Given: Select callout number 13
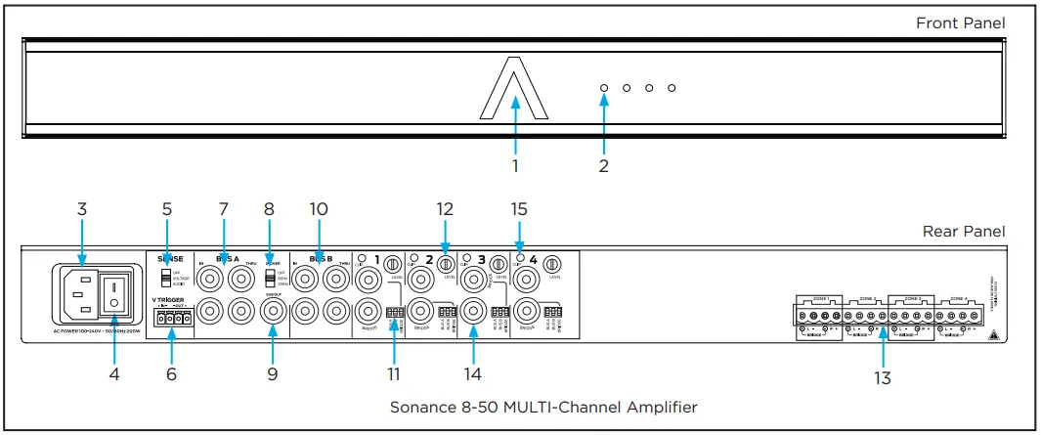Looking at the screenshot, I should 883,377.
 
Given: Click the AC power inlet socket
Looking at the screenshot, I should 81,292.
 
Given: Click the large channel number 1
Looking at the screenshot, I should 375,260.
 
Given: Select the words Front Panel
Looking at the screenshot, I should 960,22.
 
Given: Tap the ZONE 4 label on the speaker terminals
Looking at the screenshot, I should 958,298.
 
